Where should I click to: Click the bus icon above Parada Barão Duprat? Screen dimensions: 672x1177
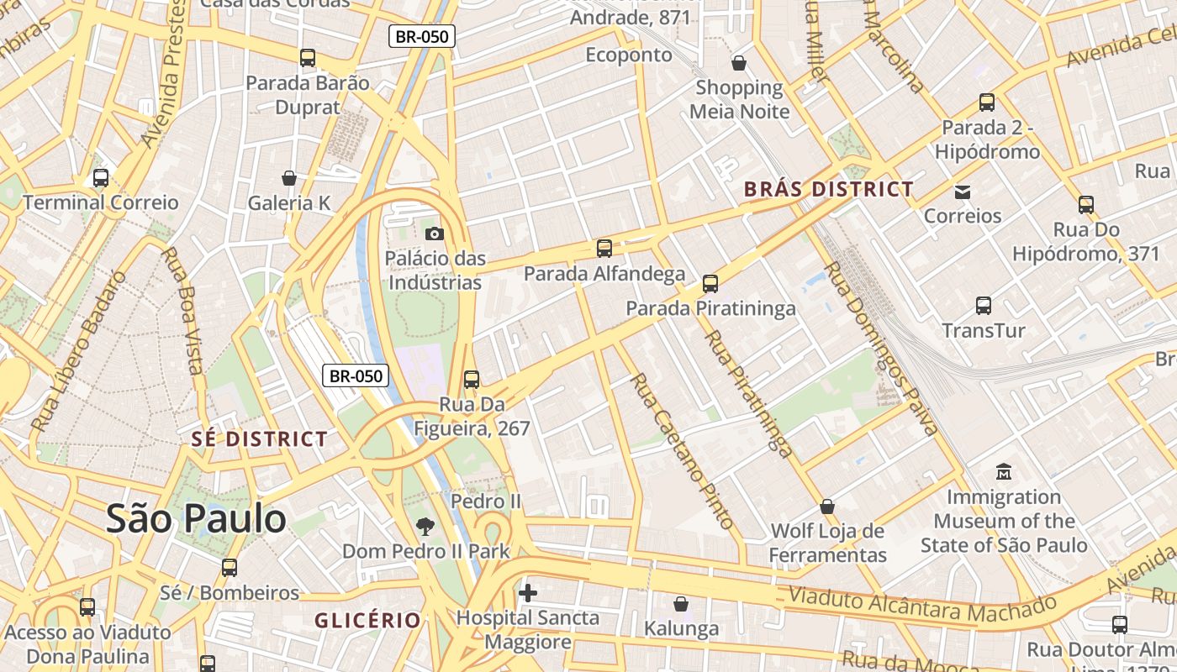click(x=308, y=58)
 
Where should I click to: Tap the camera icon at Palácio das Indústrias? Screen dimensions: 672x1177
click(x=434, y=234)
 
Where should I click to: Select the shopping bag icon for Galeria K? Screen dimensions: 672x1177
click(x=289, y=178)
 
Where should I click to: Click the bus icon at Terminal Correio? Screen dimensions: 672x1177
click(x=101, y=178)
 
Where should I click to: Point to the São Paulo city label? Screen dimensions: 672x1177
click(x=196, y=518)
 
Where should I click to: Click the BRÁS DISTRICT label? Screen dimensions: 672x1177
click(x=828, y=189)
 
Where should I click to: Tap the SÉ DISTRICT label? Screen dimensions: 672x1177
click(x=259, y=438)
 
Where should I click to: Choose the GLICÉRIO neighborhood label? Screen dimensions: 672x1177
click(x=367, y=620)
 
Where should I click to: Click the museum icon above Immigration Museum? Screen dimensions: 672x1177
click(x=1003, y=471)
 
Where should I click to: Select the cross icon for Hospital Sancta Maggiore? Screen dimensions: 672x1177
click(x=528, y=594)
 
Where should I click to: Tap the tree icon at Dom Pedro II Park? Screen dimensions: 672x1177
click(x=425, y=527)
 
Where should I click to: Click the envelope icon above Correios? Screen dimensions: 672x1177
click(x=963, y=192)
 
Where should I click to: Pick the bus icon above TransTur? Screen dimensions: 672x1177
click(x=984, y=306)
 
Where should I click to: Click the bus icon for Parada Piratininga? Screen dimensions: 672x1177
click(x=710, y=284)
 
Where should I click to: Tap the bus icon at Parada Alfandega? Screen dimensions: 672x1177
click(x=604, y=249)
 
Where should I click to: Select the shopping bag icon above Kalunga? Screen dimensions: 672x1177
click(x=681, y=604)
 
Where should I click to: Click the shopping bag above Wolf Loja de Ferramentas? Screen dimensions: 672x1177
click(x=827, y=507)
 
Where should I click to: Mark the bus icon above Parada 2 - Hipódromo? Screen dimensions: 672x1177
click(x=987, y=102)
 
